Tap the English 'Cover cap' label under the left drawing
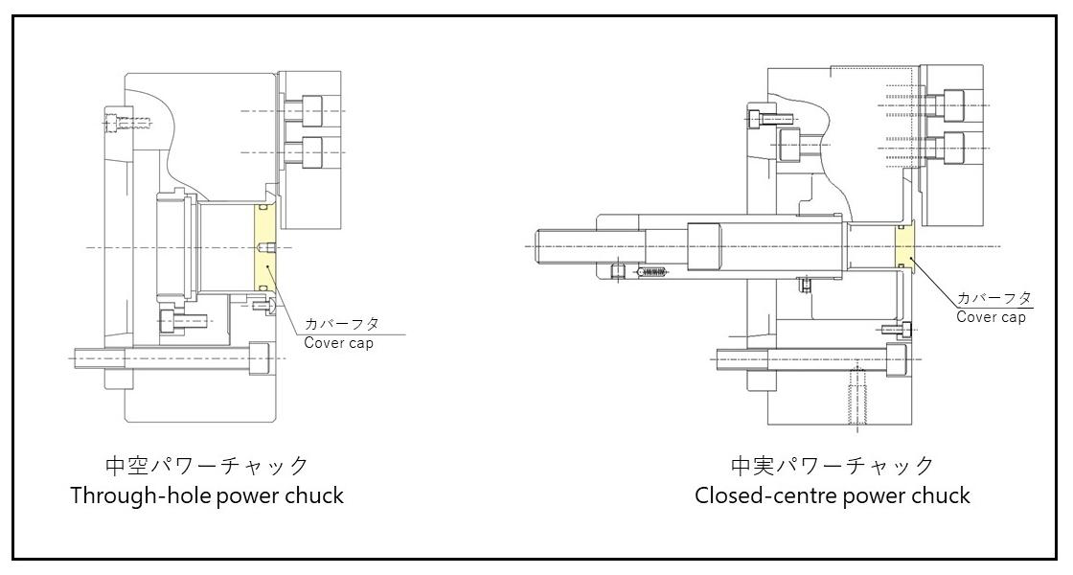coord(338,343)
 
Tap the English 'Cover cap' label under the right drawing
coord(991,317)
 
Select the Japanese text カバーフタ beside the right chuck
coord(993,298)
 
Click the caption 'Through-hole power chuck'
coord(207,495)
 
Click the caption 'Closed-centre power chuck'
coord(833,495)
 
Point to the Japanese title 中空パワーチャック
coord(207,466)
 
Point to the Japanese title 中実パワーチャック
coord(832,466)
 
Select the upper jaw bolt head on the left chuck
coord(311,111)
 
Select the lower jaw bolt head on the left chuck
coord(311,151)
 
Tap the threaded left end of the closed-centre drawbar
coord(565,246)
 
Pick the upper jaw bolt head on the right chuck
coord(954,104)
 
